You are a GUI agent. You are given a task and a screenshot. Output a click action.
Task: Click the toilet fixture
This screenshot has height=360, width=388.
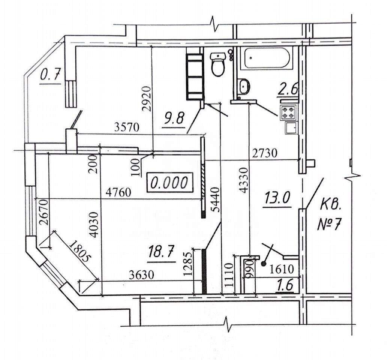[x=218, y=64]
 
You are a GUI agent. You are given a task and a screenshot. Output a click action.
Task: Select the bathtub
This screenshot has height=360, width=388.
[x=267, y=58]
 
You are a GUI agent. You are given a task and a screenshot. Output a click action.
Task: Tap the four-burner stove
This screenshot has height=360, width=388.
[x=288, y=112]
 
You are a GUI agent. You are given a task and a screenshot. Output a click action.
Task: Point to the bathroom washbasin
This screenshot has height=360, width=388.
[x=243, y=86]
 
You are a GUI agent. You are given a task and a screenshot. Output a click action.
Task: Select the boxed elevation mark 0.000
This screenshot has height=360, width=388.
[x=169, y=183]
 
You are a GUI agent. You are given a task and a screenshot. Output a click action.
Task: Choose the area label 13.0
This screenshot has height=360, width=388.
[x=277, y=198]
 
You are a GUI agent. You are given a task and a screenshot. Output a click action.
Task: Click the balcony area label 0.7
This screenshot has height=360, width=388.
[x=51, y=75]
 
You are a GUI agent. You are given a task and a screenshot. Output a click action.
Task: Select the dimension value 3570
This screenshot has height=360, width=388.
[x=127, y=127]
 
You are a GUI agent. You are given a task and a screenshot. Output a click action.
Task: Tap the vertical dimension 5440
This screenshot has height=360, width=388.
[x=216, y=200]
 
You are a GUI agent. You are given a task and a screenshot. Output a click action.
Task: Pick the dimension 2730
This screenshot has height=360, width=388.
[x=265, y=153]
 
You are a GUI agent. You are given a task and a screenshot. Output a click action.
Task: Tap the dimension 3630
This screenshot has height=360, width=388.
[x=142, y=274]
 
